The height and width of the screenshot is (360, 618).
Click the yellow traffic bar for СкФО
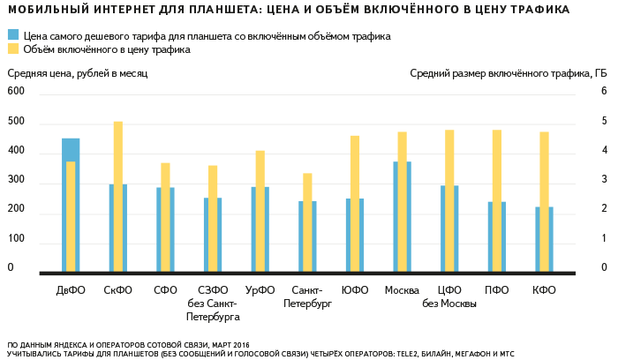[x=117, y=196]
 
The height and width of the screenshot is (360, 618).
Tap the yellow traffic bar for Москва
[x=402, y=201]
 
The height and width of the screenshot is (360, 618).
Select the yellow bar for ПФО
[x=497, y=200]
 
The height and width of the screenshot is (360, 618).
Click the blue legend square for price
[x=13, y=36]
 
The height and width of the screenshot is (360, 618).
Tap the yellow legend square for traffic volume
[x=13, y=49]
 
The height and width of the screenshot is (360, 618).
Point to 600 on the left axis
[x=16, y=92]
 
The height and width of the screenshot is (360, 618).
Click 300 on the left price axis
[x=16, y=180]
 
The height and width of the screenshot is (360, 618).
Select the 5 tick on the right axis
[x=604, y=121]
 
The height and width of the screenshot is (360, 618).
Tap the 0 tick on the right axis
[x=604, y=267]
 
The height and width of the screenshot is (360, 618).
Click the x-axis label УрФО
[x=260, y=289]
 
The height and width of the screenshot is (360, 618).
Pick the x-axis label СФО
[x=165, y=289]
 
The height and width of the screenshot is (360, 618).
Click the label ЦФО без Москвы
[x=449, y=296]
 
